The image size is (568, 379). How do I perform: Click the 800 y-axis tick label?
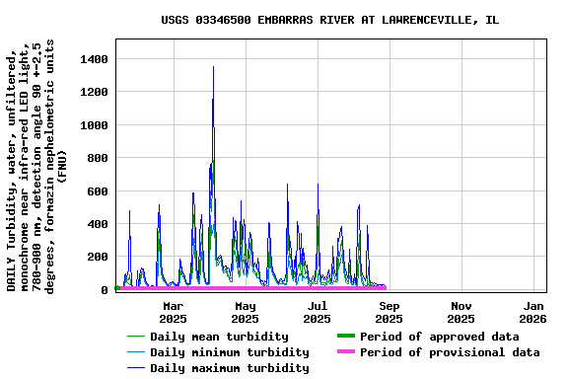(x=96, y=159)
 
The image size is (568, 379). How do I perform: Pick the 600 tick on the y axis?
(x=96, y=191)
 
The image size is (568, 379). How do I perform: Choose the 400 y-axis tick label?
(x=96, y=224)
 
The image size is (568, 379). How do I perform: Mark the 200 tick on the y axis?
(x=96, y=258)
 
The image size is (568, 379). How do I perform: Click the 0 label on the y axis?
(x=103, y=290)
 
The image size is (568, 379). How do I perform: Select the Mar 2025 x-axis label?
(x=173, y=312)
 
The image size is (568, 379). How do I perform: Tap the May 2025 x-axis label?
(x=245, y=312)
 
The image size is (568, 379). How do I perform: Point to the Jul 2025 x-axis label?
(x=317, y=312)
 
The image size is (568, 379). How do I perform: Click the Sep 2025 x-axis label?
(x=389, y=312)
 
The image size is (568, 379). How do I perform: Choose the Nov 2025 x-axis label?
(x=461, y=312)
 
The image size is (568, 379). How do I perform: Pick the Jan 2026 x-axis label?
(x=532, y=312)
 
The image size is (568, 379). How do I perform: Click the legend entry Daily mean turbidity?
(x=219, y=337)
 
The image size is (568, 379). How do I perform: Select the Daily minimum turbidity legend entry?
(x=229, y=352)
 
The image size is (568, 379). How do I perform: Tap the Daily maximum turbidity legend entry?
(x=229, y=368)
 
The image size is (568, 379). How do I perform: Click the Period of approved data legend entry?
(x=439, y=337)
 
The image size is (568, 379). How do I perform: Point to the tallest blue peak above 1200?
(x=213, y=67)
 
